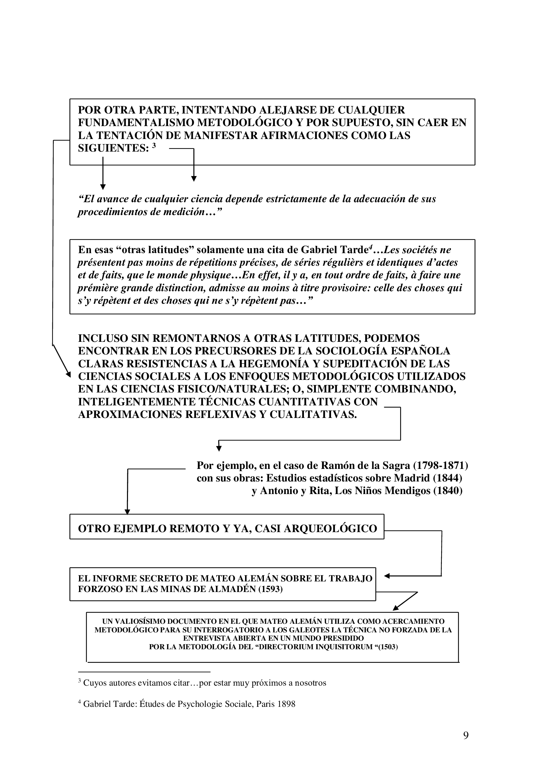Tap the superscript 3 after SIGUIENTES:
coord(154,146)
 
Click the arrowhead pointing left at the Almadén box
coord(387,576)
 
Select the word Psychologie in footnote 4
coord(199,704)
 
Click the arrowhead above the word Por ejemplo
coord(219,449)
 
